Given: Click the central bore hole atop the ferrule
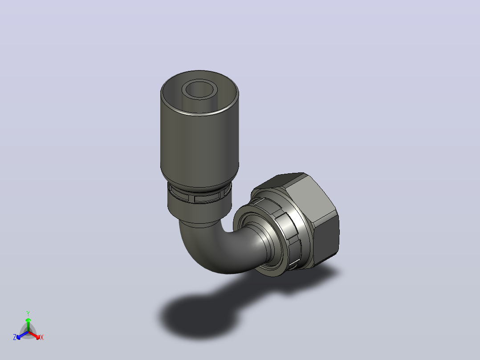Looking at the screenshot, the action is [x=199, y=90].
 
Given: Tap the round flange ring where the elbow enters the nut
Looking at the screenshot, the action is [x=245, y=233].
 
